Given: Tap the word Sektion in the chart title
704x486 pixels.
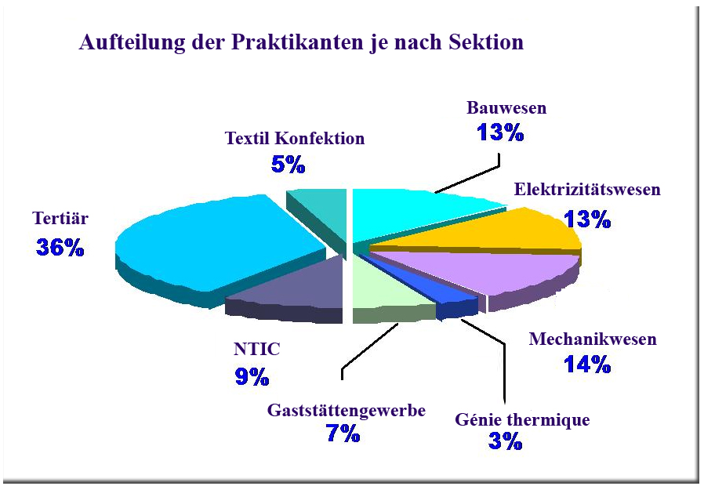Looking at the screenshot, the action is pyautogui.click(x=486, y=42).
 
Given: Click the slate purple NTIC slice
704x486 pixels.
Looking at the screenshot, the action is pyautogui.click(x=292, y=287).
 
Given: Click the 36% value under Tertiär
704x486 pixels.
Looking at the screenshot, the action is pyautogui.click(x=60, y=247).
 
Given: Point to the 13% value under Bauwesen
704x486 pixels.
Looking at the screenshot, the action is pyautogui.click(x=501, y=132).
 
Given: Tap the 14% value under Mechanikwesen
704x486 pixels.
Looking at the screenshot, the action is pyautogui.click(x=588, y=364).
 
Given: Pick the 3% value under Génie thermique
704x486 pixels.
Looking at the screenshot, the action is pyautogui.click(x=506, y=441).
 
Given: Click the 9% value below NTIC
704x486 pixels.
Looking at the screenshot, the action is pyautogui.click(x=252, y=376).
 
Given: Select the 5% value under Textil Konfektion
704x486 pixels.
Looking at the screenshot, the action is pyautogui.click(x=288, y=165).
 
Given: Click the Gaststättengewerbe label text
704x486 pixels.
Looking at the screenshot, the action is pyautogui.click(x=347, y=411).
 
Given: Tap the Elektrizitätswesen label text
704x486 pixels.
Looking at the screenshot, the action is pyautogui.click(x=587, y=189).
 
